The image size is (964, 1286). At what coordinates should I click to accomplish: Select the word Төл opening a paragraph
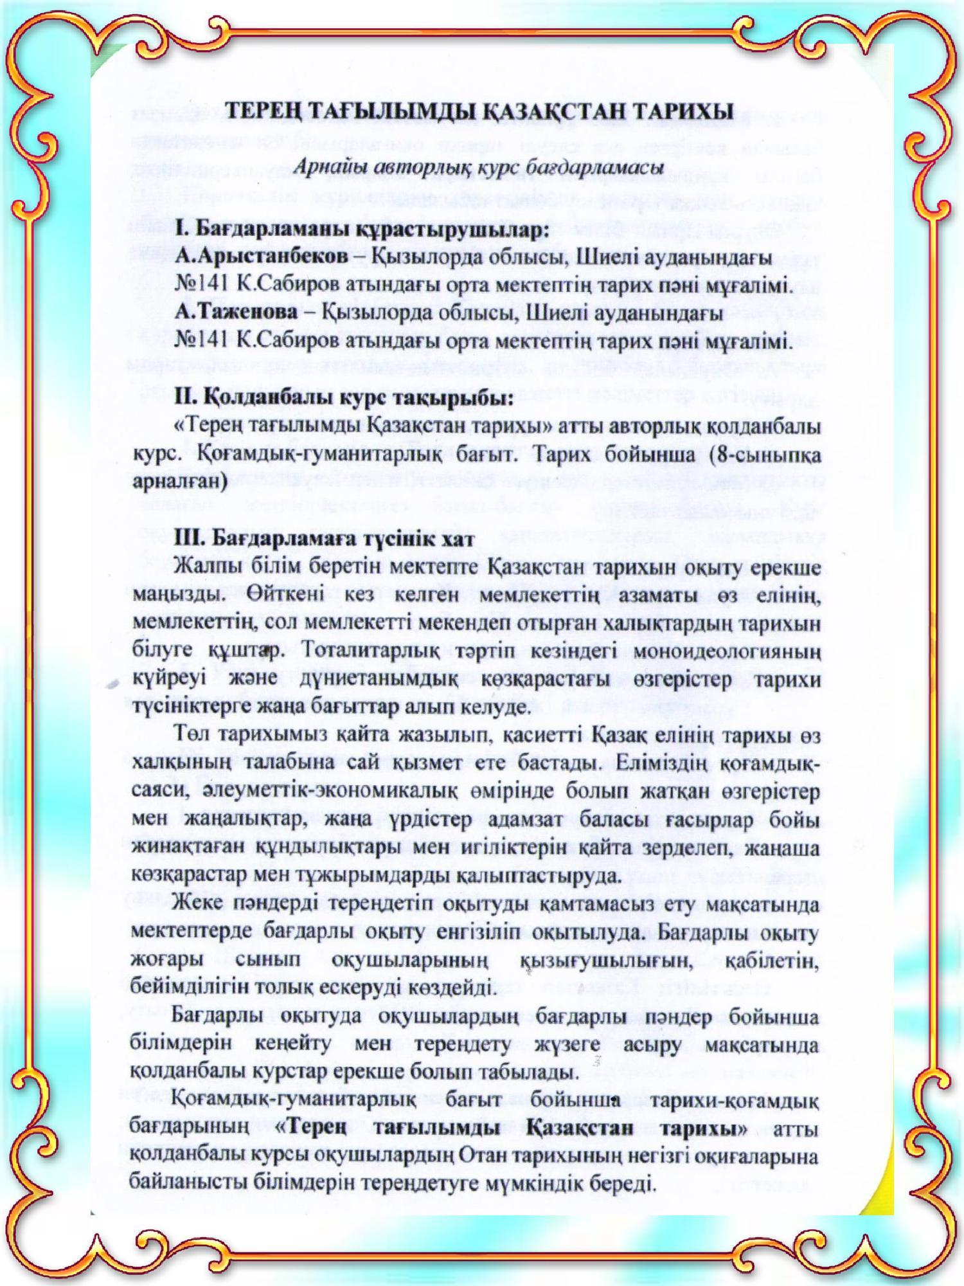(x=190, y=735)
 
